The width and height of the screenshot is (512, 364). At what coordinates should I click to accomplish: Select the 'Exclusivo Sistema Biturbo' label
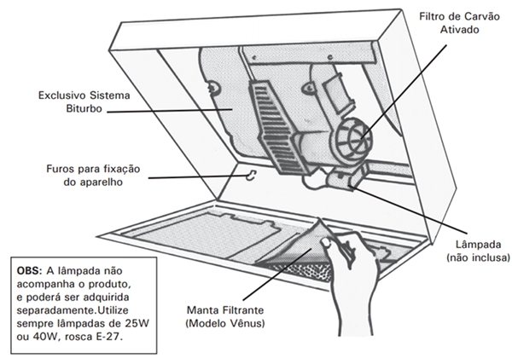click(x=66, y=102)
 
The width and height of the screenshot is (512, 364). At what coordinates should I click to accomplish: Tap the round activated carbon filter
click(x=356, y=136)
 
